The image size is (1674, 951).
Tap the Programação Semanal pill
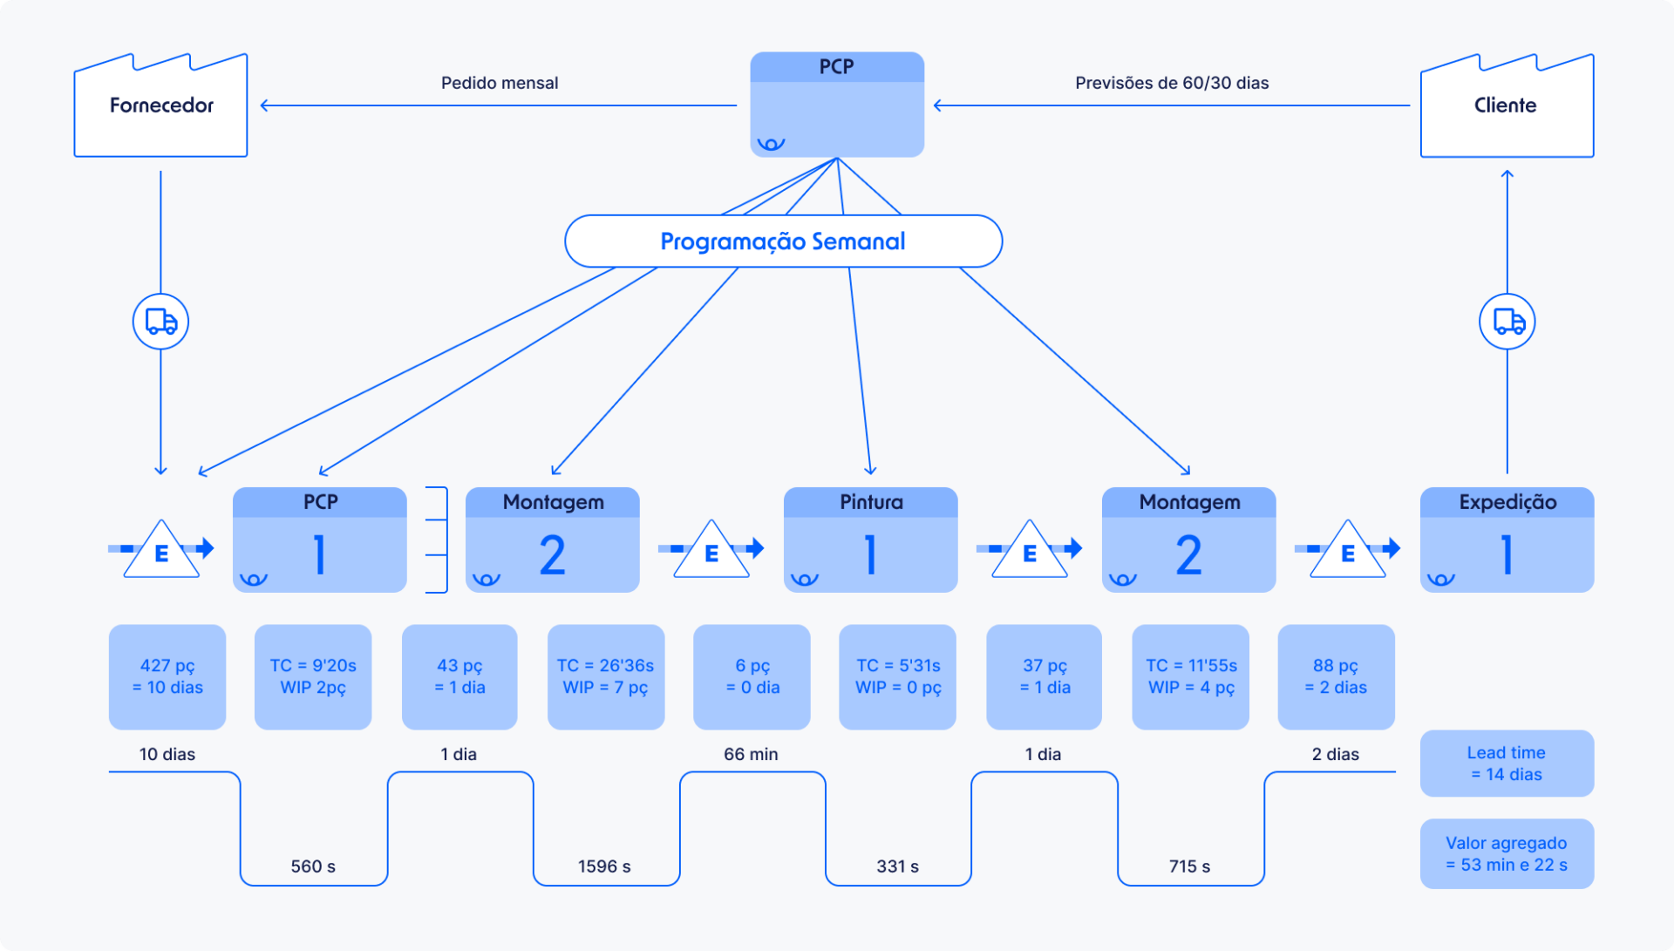coord(783,241)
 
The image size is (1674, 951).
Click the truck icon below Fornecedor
coord(160,322)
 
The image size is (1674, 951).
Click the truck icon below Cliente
coord(1507,322)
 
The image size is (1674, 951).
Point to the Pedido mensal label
coord(499,83)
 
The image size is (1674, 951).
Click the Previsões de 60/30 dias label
coord(1171,83)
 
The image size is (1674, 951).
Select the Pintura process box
coord(870,540)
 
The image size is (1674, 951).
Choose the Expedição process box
coord(1507,540)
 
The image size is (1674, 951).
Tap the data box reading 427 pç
coord(167,676)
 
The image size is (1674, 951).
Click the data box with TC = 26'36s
coord(605,676)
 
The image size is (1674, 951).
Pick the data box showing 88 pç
coord(1336,676)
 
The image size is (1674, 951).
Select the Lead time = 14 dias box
coord(1506,764)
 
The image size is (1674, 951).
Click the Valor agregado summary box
coord(1506,853)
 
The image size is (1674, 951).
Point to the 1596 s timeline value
coord(604,866)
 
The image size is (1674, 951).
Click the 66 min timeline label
coord(751,754)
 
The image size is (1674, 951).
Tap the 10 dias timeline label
coord(167,754)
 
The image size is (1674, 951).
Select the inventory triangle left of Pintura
coord(711,551)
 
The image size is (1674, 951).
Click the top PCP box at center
coord(836,105)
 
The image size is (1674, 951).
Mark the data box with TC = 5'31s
coord(897,676)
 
